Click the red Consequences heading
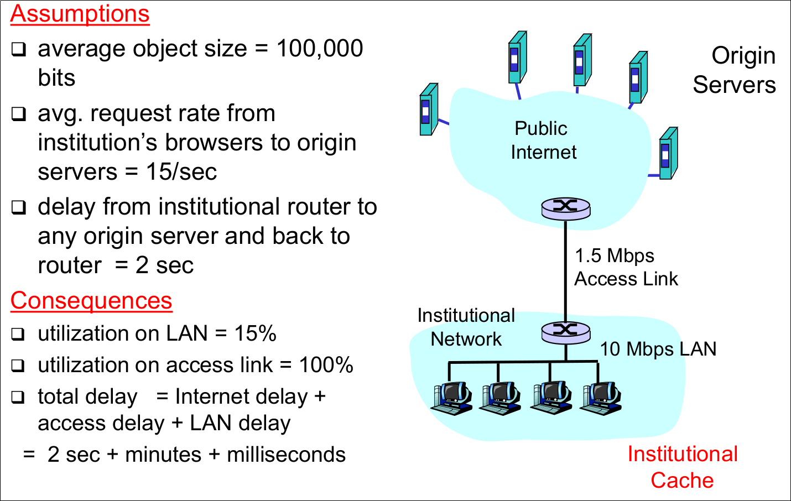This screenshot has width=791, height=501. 91,301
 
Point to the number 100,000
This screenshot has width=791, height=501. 319,49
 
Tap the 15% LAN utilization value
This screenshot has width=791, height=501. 255,333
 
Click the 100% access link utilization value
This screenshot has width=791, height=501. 326,365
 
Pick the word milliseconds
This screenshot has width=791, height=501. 286,455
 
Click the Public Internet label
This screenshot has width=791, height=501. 543,140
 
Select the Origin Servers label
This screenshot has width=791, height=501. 734,70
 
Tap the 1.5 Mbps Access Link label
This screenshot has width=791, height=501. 626,267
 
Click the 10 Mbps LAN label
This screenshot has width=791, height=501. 658,349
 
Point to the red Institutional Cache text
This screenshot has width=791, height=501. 682,467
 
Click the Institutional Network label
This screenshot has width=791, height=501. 466,327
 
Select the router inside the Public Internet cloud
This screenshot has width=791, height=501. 565,208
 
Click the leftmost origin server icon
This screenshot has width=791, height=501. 429,109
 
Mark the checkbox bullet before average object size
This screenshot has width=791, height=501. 19,50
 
